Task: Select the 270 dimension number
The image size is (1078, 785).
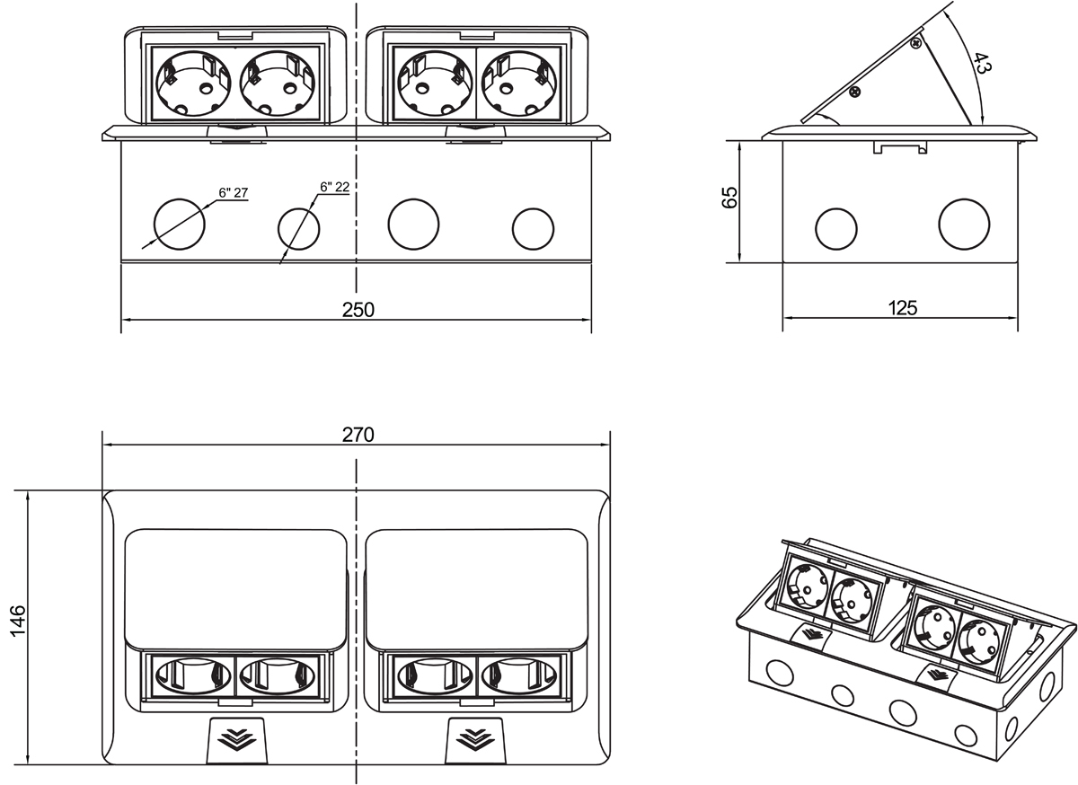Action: pyautogui.click(x=358, y=434)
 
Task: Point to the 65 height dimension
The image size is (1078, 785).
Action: pyautogui.click(x=729, y=198)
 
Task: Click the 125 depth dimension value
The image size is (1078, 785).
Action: pyautogui.click(x=900, y=308)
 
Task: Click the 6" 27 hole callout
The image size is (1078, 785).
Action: pyautogui.click(x=231, y=192)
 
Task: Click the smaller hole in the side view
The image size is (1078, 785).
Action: pyautogui.click(x=835, y=228)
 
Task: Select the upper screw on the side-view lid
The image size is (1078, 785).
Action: pyautogui.click(x=916, y=42)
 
